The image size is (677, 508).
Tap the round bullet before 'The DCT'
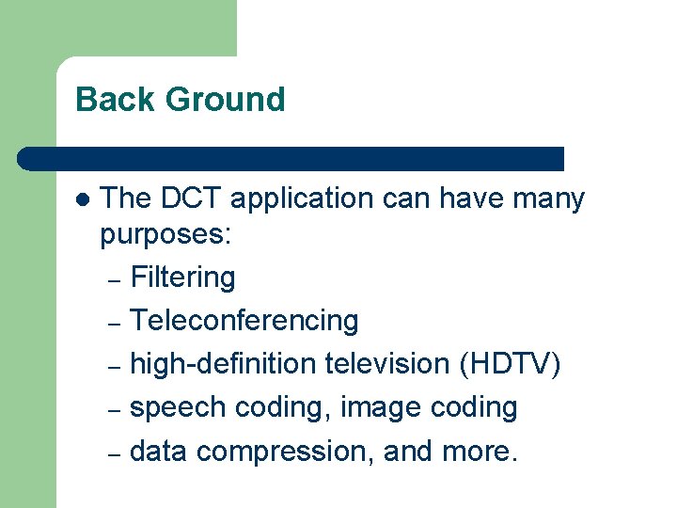point(82,200)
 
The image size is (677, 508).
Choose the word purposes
point(165,235)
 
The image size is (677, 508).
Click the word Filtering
point(182,278)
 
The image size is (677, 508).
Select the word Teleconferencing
point(244,322)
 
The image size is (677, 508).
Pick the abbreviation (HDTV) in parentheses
point(511,365)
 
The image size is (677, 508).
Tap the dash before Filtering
point(114,280)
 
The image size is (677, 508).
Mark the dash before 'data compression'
point(114,454)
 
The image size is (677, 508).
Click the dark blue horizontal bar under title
point(291,158)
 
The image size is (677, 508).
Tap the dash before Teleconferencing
point(114,324)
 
